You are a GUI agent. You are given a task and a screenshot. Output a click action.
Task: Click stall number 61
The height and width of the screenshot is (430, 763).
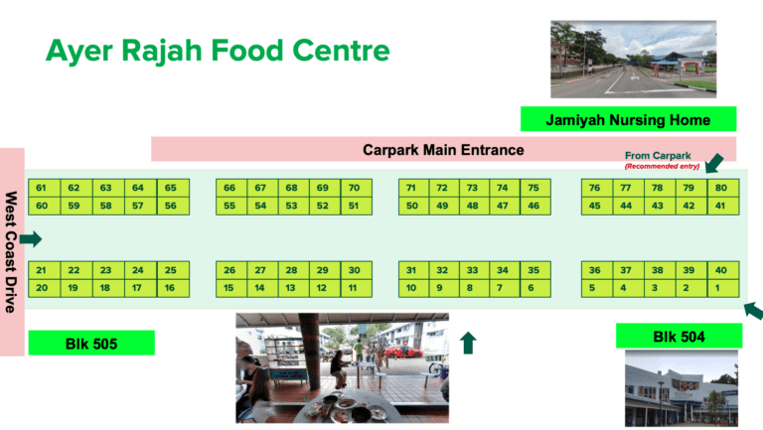[x=42, y=188]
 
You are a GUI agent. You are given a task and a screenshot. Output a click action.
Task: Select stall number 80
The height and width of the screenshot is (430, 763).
[x=720, y=188]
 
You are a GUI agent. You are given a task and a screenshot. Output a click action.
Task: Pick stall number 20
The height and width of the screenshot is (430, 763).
[x=42, y=288]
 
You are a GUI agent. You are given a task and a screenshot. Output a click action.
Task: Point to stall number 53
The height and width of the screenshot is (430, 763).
[x=291, y=206]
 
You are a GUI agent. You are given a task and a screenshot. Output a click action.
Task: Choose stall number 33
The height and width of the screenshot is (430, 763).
[x=472, y=270]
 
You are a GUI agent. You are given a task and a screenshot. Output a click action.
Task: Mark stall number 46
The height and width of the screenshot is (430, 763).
[x=534, y=206]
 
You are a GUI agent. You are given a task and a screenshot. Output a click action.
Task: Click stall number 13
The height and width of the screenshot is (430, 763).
[x=291, y=288]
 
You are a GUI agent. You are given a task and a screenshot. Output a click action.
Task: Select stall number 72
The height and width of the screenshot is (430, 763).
[x=441, y=188]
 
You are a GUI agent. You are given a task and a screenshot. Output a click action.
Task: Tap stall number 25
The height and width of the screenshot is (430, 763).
[x=170, y=270]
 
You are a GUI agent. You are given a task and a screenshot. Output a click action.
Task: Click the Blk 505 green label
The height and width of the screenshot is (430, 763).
[x=91, y=343]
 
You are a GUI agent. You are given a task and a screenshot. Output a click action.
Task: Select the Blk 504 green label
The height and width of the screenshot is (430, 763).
[x=679, y=337]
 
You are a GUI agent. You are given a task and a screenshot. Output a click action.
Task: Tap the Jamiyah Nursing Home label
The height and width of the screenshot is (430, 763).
[x=628, y=120]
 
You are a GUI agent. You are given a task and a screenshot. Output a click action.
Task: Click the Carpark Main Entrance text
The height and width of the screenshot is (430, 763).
[x=443, y=150]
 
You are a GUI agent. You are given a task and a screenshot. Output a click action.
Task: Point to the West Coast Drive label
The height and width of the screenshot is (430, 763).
[x=12, y=251]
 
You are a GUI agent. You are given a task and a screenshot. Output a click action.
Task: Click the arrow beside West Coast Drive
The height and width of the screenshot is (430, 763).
[x=31, y=238]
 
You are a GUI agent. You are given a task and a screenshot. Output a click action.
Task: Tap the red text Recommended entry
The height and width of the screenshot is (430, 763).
[x=663, y=166]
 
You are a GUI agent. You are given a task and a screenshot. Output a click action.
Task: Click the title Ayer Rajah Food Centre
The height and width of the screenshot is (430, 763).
[x=218, y=50]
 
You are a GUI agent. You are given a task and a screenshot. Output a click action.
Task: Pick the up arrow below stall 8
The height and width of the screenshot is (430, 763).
[x=469, y=343]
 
